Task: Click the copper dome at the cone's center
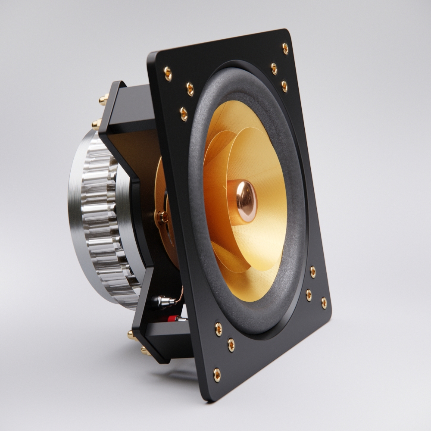(244, 200)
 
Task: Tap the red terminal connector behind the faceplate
(173, 319)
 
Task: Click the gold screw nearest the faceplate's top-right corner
(285, 48)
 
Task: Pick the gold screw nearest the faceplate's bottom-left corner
(217, 375)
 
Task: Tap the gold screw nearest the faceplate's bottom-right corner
(324, 303)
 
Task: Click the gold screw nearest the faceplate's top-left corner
(168, 74)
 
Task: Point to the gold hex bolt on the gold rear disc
(162, 217)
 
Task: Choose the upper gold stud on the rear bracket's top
(103, 100)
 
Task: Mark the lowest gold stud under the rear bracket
(145, 351)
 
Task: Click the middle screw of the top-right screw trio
(274, 69)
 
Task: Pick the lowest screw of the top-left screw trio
(184, 114)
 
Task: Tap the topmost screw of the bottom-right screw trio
(313, 272)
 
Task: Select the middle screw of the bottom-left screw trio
(231, 344)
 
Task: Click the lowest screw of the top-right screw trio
(284, 86)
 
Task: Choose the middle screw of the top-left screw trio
(190, 89)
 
